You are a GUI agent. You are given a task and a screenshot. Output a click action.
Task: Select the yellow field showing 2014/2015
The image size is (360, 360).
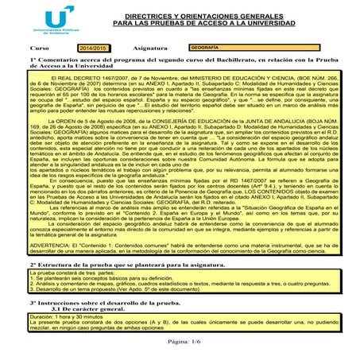coord(94,49)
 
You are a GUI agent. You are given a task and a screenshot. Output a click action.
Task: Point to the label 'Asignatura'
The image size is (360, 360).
coord(151,49)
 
